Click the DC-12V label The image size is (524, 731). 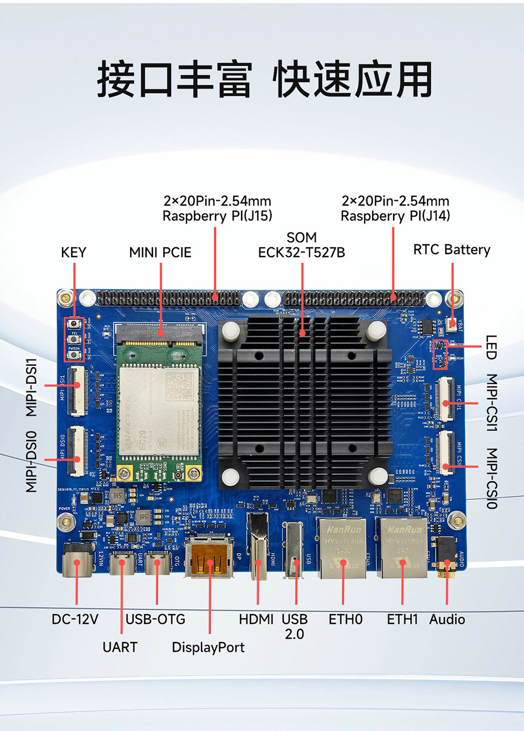[x=75, y=619]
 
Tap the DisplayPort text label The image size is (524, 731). [x=208, y=648]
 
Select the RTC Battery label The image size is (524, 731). [x=452, y=249]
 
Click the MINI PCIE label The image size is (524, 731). [x=160, y=253]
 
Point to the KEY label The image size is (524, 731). [x=73, y=253]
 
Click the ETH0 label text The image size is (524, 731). [x=345, y=619]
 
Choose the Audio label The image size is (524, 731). [x=447, y=619]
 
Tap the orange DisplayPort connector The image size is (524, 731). [x=209, y=559]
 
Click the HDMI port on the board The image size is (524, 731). [x=258, y=548]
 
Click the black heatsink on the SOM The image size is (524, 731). [x=304, y=403]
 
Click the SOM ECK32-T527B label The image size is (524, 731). [x=301, y=245]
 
